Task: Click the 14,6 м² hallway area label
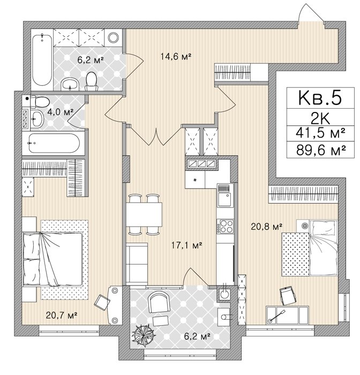tap(176, 57)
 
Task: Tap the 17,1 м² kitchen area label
tap(187, 245)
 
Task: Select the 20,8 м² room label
tap(267, 226)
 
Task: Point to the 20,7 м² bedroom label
tap(62, 316)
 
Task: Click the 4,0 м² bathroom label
tap(60, 112)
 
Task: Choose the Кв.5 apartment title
tap(320, 98)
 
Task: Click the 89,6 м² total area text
tap(320, 150)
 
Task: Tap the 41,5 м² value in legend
tap(320, 133)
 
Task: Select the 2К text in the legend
tap(320, 118)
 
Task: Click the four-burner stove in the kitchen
tap(225, 226)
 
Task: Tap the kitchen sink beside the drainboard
tap(225, 200)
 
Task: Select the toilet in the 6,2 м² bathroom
tap(92, 81)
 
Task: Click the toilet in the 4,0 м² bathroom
tap(40, 101)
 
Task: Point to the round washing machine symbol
tap(113, 37)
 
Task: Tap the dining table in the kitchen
tap(144, 214)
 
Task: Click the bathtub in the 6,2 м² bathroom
tap(42, 60)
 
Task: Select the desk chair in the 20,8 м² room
tap(289, 296)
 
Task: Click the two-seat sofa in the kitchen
tap(137, 264)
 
